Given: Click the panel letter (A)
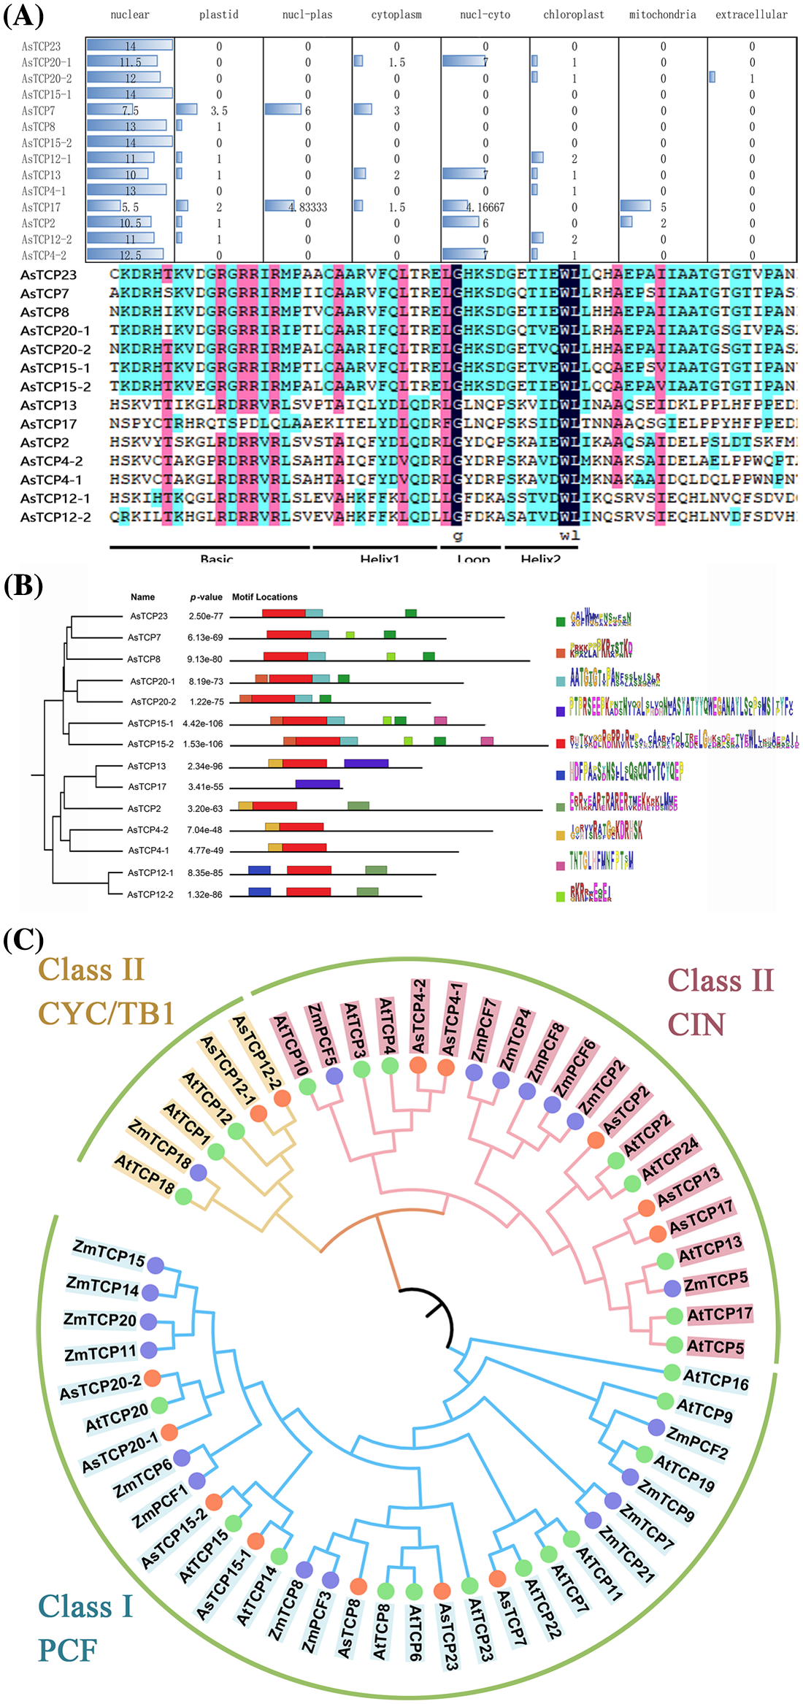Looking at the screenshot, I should pyautogui.click(x=23, y=16).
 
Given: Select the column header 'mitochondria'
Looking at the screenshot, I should pyautogui.click(x=662, y=15).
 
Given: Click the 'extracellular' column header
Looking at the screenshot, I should pyautogui.click(x=751, y=15).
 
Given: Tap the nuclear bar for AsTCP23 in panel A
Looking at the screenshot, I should pyautogui.click(x=129, y=46).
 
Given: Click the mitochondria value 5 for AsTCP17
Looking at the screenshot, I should pyautogui.click(x=663, y=207).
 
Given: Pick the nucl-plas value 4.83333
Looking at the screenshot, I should pyautogui.click(x=307, y=207).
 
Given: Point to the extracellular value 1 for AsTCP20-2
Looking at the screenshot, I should pyautogui.click(x=752, y=79).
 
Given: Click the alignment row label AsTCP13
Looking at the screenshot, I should pyautogui.click(x=48, y=405).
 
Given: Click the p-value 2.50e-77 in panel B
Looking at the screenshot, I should pyautogui.click(x=206, y=616).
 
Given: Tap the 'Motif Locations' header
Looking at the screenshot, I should pyautogui.click(x=264, y=597).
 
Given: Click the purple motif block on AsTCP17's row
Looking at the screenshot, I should pyautogui.click(x=318, y=784).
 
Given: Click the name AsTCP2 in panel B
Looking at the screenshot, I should pyautogui.click(x=144, y=809).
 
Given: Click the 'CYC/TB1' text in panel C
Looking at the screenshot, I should pyautogui.click(x=106, y=1013).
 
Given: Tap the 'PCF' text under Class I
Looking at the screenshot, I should pyautogui.click(x=67, y=1650).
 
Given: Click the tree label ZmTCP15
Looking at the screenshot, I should pyautogui.click(x=109, y=1253).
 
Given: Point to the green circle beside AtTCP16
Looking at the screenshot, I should pyautogui.click(x=671, y=1372).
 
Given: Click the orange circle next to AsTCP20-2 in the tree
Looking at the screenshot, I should pyautogui.click(x=152, y=1378).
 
